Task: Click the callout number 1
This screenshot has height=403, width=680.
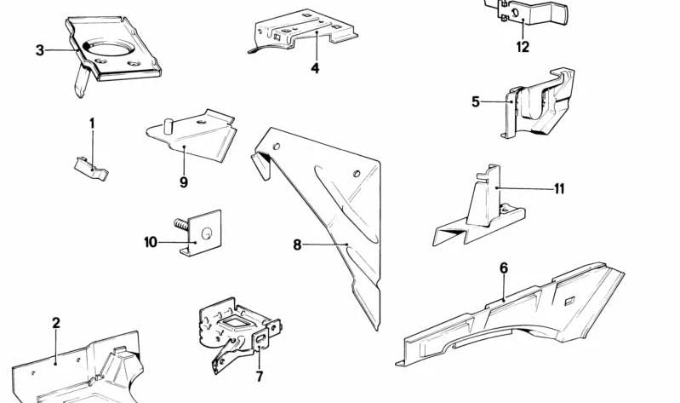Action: (92, 124)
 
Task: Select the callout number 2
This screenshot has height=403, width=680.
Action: (56, 323)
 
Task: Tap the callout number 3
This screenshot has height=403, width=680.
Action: (40, 50)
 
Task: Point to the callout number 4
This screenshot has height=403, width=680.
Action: (315, 67)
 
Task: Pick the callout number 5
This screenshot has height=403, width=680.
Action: (476, 102)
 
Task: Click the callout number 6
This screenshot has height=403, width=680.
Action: (504, 268)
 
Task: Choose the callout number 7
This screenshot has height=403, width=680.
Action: (260, 376)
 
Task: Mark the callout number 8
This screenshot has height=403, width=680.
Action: (297, 245)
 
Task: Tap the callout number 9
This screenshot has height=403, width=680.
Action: (183, 181)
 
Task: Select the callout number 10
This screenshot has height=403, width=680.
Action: (151, 242)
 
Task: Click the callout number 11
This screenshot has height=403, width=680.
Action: (559, 188)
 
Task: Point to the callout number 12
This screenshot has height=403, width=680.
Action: (523, 48)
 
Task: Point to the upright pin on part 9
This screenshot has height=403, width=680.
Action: (169, 126)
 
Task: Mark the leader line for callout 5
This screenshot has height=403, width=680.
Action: (496, 102)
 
